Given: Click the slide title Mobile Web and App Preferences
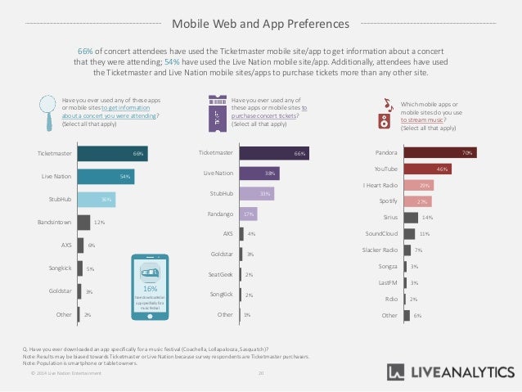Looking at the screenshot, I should tap(261, 23).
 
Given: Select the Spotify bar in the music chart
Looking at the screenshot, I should tap(418, 201).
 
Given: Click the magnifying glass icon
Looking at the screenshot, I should tap(48, 110).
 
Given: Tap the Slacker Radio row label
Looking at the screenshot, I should tap(381, 250).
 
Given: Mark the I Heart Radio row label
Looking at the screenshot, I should tap(380, 185).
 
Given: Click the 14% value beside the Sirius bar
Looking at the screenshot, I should tap(426, 218).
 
